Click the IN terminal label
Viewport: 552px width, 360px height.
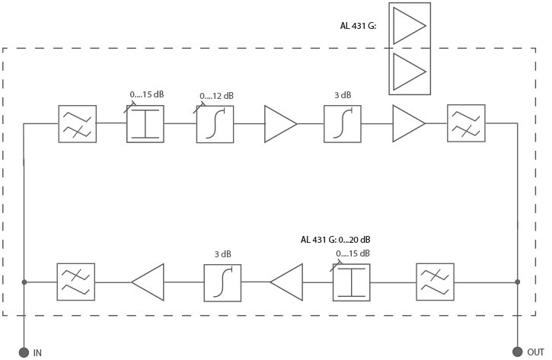tap(37, 352)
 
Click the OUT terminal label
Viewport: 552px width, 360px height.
tap(537, 352)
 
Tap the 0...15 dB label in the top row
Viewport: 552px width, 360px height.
tap(147, 95)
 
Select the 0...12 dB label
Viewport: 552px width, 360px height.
tap(216, 97)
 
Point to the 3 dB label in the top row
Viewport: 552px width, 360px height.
tap(342, 97)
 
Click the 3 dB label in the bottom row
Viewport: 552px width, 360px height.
tap(223, 254)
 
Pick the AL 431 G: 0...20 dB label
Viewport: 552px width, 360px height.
tap(335, 241)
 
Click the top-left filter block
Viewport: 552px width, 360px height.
tap(77, 123)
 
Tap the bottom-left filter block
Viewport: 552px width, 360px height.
tap(76, 282)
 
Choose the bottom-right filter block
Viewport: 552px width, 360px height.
tap(436, 282)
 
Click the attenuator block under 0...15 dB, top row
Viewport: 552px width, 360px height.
tap(145, 123)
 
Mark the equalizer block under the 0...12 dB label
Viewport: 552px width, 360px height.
tap(215, 124)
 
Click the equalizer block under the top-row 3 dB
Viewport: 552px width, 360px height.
tap(343, 124)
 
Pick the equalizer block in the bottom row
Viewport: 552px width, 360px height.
tap(222, 282)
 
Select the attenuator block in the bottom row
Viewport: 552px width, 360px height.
tap(351, 282)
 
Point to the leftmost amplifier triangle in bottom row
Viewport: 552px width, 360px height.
tap(147, 282)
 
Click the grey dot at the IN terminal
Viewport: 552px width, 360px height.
tap(24, 352)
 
